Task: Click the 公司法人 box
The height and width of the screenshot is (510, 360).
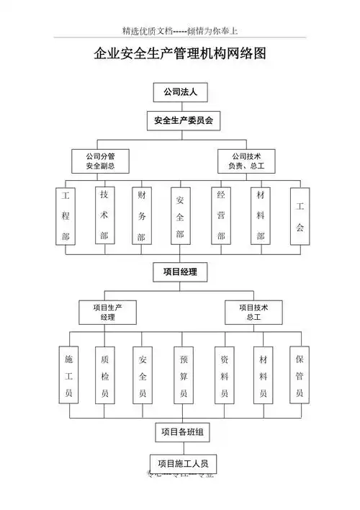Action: pos(180,93)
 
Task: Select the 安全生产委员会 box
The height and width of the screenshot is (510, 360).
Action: pos(180,121)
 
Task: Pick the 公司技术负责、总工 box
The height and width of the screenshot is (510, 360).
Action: pos(246,161)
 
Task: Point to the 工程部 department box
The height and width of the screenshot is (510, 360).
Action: pos(66,216)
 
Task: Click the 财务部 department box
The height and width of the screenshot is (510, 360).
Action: pos(141,216)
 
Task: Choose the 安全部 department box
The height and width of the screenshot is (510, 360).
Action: pos(180,216)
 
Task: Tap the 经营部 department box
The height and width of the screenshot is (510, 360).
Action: pos(221,216)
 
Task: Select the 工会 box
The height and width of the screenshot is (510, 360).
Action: pos(300,216)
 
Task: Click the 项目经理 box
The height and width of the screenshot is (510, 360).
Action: pos(180,272)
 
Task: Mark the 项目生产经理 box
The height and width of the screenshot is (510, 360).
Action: pos(108,312)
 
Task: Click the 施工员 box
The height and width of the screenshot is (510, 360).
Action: pos(69,376)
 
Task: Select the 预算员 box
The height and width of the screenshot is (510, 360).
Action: pos(184,376)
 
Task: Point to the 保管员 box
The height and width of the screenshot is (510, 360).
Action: pos(300,376)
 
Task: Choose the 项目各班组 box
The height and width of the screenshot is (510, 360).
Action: pos(183,432)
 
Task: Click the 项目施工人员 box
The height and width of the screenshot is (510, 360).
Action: pos(183,464)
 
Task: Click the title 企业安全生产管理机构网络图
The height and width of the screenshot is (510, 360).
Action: pos(180,54)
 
